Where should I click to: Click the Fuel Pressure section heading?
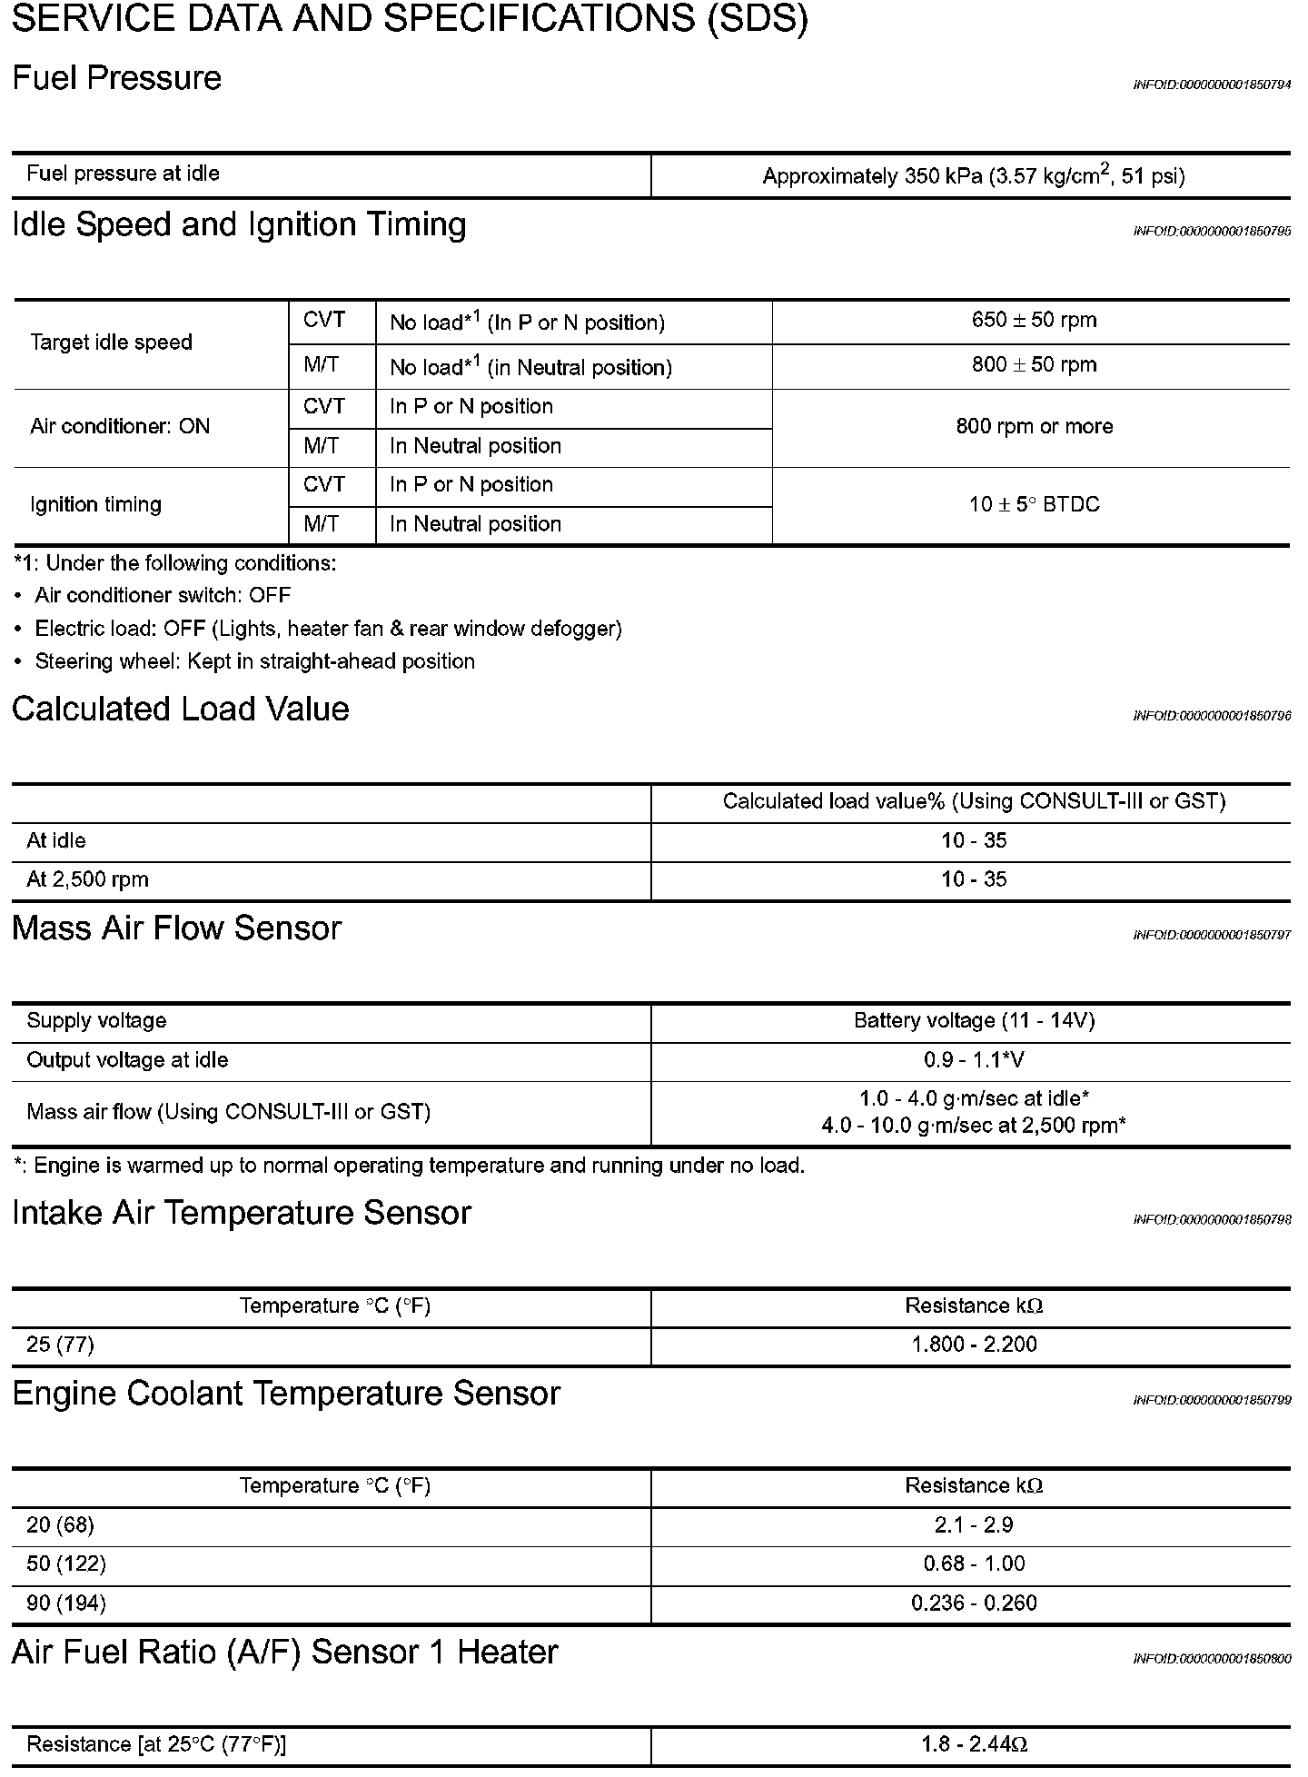click(116, 79)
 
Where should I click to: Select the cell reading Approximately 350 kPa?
click(973, 176)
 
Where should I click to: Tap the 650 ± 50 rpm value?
click(1034, 321)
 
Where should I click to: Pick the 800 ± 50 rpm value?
click(1034, 365)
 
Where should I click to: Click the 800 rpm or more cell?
click(1034, 427)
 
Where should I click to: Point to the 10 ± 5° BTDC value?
click(1034, 505)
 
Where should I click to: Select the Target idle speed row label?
click(111, 343)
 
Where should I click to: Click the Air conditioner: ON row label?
click(120, 427)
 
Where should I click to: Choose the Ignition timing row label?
click(95, 505)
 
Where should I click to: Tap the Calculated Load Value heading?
click(180, 710)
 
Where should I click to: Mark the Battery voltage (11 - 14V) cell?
click(974, 1021)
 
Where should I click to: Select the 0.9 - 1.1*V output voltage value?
click(974, 1060)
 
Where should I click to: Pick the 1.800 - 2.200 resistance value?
click(974, 1345)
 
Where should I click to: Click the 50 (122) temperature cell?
click(66, 1564)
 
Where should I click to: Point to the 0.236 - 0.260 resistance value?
click(974, 1603)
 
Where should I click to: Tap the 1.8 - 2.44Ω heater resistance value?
click(974, 1744)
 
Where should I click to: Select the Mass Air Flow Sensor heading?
click(176, 928)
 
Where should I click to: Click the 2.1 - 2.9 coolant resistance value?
click(974, 1524)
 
